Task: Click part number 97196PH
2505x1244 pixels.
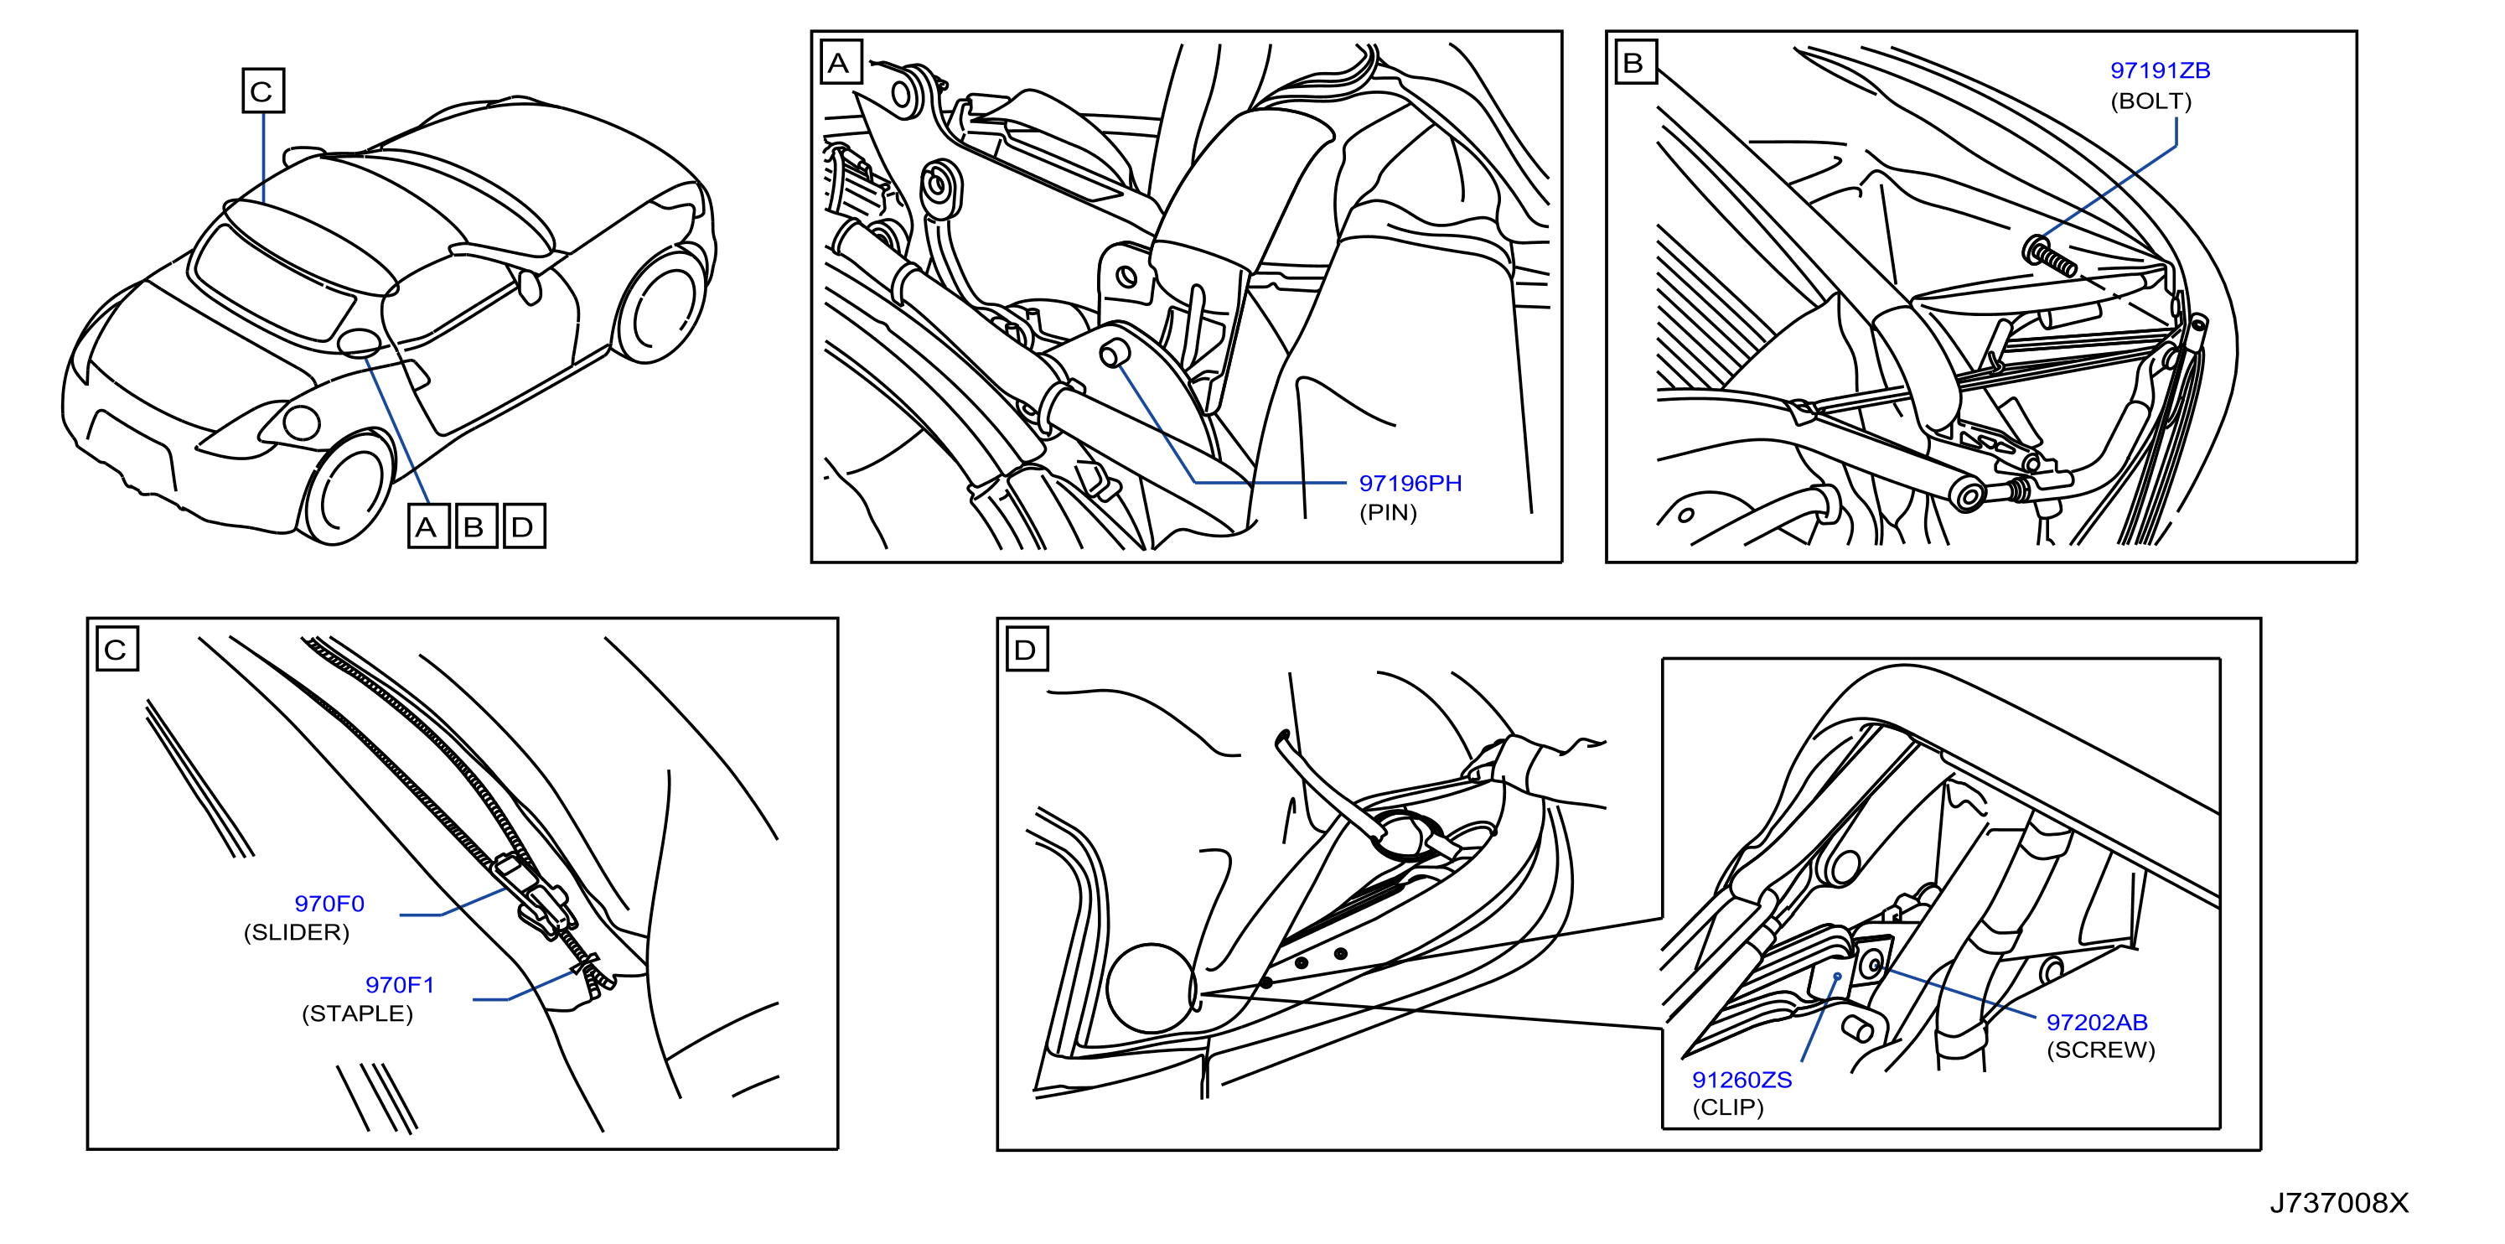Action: [x=1410, y=484]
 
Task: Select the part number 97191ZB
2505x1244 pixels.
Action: [x=2160, y=70]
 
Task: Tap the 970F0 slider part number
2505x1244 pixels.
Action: [x=329, y=904]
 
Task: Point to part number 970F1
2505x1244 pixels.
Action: [x=400, y=984]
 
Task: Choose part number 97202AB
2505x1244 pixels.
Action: [x=2097, y=1022]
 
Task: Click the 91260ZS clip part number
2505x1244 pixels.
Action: [x=1742, y=1080]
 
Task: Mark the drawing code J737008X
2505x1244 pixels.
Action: [x=2339, y=1203]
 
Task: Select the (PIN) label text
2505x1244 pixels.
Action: [x=1388, y=512]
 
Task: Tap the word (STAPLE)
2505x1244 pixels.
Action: [x=357, y=1013]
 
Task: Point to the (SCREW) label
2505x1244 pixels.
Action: [x=2100, y=1050]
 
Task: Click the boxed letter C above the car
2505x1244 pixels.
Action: [x=262, y=91]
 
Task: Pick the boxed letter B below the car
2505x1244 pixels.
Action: [x=475, y=526]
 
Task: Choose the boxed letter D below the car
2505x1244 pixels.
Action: [x=524, y=526]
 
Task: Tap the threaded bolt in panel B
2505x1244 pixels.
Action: [x=2049, y=256]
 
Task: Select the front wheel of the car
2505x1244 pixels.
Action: [x=346, y=490]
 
